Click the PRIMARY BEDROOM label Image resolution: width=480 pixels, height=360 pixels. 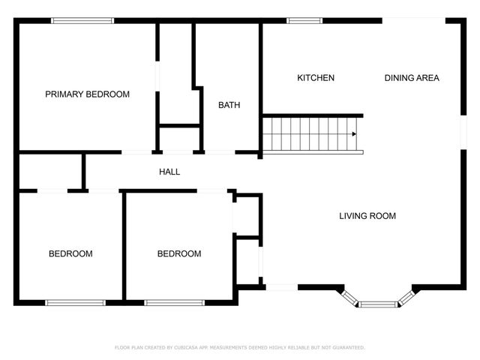[x=87, y=94]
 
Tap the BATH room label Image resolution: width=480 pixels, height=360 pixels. [x=229, y=105]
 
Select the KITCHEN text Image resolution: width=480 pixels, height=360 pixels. [x=316, y=78]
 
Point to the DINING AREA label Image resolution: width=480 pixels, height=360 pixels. [x=412, y=78]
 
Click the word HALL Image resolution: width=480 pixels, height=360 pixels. [x=169, y=172]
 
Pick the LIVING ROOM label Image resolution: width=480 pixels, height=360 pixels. [x=367, y=216]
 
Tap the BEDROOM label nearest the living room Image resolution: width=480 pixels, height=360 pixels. [x=179, y=253]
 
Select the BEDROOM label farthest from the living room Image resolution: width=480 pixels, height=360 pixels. [x=70, y=253]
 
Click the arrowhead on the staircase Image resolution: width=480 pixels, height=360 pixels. [x=354, y=134]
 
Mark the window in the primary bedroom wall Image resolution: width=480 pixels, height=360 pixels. [x=82, y=20]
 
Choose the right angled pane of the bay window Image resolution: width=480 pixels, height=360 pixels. [x=406, y=297]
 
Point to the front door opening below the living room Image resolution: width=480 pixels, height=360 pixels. [x=282, y=286]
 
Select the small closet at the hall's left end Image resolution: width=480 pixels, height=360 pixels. [x=49, y=172]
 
